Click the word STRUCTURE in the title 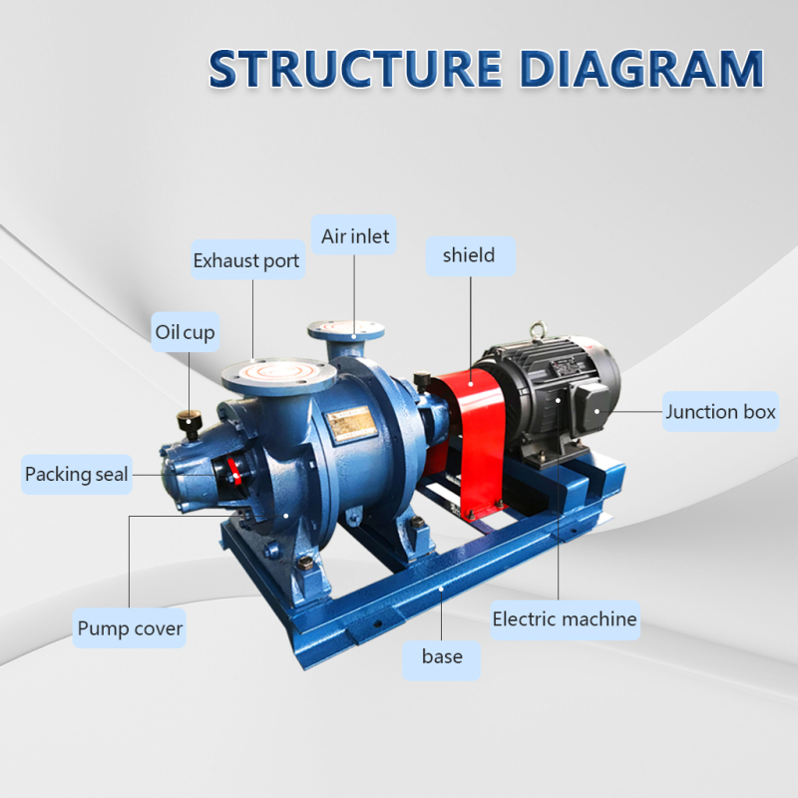coord(348,68)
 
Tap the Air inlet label coord(355,237)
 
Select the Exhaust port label coord(246,261)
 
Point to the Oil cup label coord(185,332)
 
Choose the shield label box coord(469,256)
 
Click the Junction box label coord(720,411)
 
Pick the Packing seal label coord(77,474)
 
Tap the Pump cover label coord(131,629)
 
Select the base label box coord(442,656)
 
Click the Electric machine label coord(565,619)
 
